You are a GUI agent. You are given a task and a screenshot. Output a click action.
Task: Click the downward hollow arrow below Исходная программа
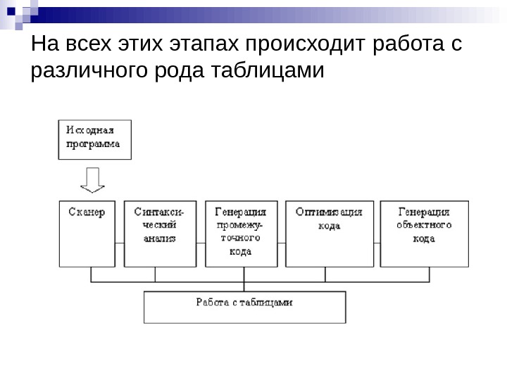pyautogui.click(x=92, y=180)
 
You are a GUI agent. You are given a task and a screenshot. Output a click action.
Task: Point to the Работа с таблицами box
pyautogui.click(x=244, y=308)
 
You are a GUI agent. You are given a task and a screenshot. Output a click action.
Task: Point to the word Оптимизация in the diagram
pyautogui.click(x=329, y=212)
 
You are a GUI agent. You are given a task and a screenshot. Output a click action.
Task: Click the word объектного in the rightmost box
pyautogui.click(x=424, y=225)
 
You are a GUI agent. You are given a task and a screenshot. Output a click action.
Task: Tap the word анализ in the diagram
pyautogui.click(x=160, y=239)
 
